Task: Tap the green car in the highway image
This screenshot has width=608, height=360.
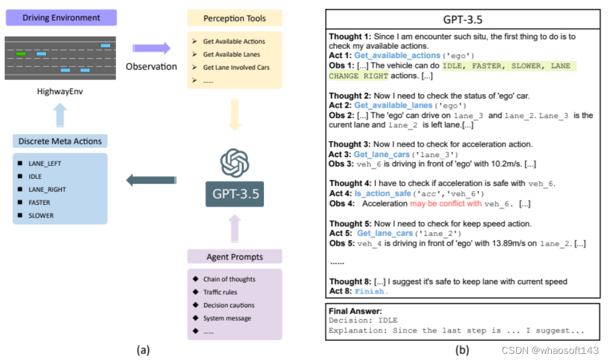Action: [x=21, y=54]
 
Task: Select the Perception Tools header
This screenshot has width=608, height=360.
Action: [x=234, y=18]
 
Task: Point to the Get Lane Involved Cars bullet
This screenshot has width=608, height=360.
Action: [x=236, y=67]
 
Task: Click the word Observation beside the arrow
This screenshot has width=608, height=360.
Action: [x=151, y=66]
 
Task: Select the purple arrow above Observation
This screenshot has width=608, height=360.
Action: [x=152, y=48]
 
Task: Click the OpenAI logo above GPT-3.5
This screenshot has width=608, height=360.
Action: [x=235, y=163]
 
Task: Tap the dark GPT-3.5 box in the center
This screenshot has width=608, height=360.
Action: [x=235, y=194]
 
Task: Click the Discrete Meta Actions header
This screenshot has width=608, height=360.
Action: [x=60, y=141]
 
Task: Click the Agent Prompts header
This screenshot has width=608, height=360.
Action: [x=235, y=257]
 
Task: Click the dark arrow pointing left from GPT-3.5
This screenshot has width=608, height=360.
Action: [x=147, y=180]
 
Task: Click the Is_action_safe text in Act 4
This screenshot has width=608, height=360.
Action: [x=383, y=193]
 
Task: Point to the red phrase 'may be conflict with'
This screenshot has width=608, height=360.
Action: [x=445, y=204]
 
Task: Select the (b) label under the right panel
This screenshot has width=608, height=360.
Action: [x=462, y=350]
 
